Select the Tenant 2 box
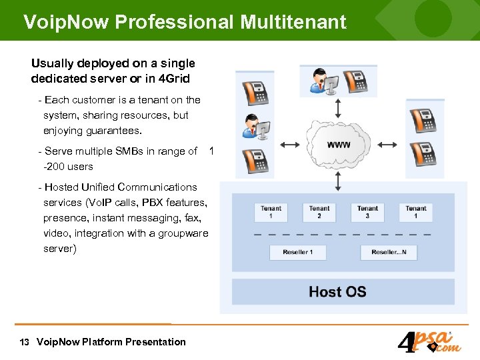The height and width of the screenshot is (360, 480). point(319,212)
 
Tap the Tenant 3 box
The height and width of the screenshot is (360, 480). point(367,212)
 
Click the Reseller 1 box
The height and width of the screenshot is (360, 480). point(297,252)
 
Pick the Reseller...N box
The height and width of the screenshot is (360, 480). point(388,252)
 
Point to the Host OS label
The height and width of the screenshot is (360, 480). point(337,291)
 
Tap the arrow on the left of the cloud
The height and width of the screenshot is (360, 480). point(291,144)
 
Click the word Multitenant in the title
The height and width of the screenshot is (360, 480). point(293,22)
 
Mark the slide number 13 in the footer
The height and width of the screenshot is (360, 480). point(25,342)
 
